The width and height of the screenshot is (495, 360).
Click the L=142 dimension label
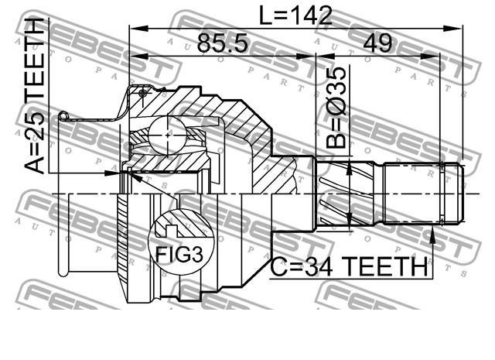point(295,16)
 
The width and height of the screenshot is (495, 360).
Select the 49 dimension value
point(377,43)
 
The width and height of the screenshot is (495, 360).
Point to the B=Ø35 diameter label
point(336,108)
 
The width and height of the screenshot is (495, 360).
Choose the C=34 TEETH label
point(349,266)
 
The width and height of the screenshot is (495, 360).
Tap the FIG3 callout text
point(180,255)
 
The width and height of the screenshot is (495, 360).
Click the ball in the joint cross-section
point(168,135)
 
